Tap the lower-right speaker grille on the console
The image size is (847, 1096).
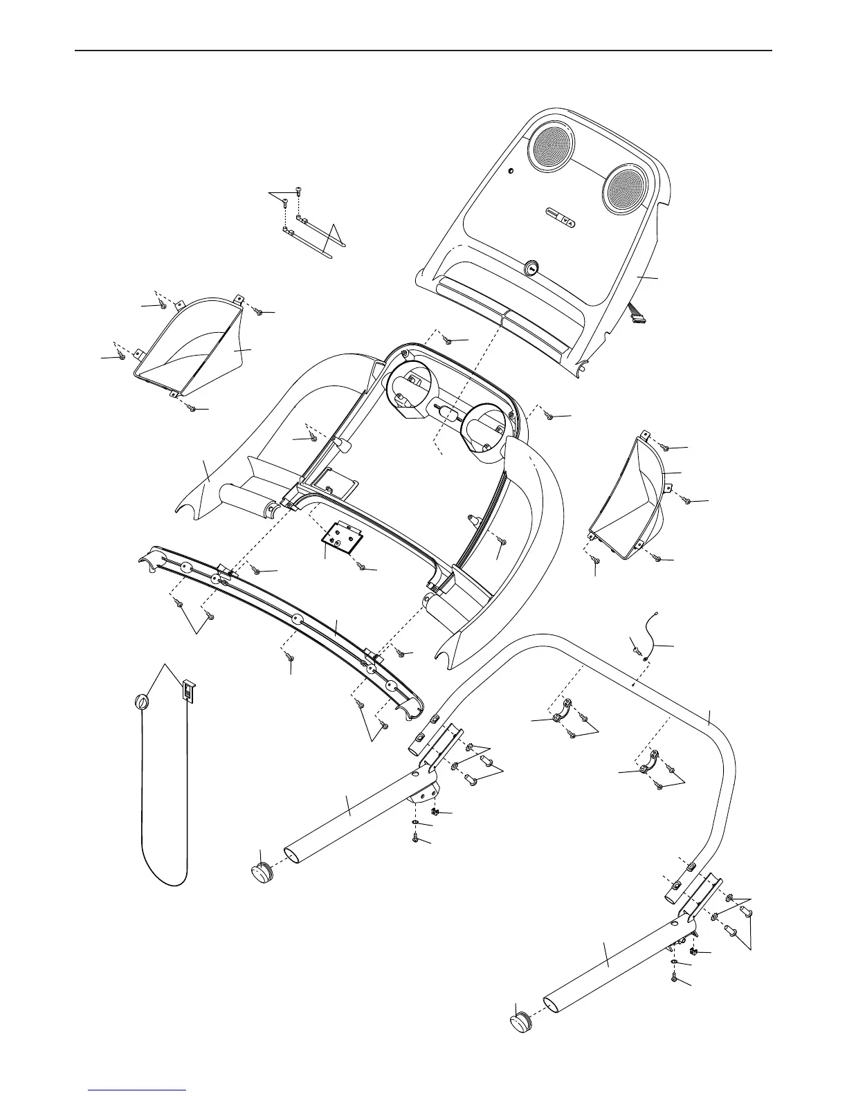tap(626, 188)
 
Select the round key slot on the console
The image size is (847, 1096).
tap(532, 268)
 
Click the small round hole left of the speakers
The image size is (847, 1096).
tap(511, 172)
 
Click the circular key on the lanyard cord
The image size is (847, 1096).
tap(140, 702)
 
